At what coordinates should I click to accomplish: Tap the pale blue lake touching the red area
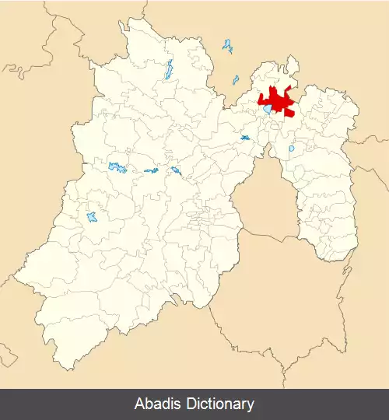point(267,110)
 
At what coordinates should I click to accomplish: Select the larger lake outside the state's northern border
point(227,46)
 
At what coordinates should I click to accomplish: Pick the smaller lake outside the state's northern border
point(235,79)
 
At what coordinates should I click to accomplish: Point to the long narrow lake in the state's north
point(168,70)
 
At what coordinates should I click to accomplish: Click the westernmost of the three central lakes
point(117,166)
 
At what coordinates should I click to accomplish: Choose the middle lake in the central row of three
point(150,170)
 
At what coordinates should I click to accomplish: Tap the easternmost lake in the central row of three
point(177,170)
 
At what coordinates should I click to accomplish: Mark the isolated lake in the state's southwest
point(93,216)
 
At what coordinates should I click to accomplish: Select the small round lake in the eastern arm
point(292,148)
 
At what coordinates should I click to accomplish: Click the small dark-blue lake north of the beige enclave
point(245,138)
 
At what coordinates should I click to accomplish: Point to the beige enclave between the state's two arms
point(265,202)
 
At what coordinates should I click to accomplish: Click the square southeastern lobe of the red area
point(289,111)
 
